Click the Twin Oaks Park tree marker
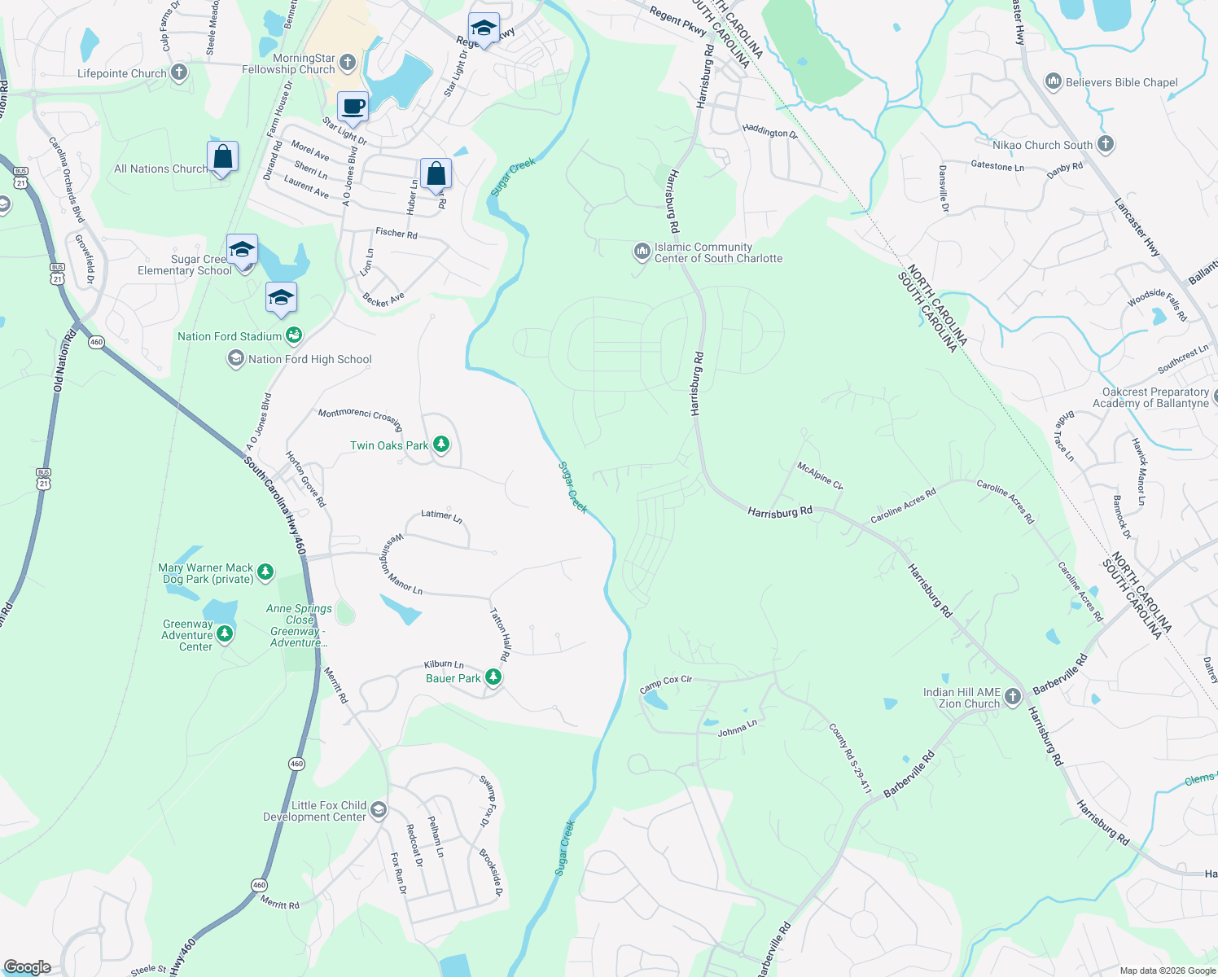[441, 445]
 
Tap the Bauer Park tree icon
[493, 677]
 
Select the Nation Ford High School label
[309, 359]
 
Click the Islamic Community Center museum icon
[642, 252]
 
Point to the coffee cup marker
[353, 106]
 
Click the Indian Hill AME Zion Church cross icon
[1012, 697]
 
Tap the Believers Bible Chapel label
[1121, 82]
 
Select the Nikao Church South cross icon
[1105, 144]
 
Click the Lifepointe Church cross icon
[179, 73]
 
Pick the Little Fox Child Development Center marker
[378, 810]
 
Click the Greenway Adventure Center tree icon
[225, 633]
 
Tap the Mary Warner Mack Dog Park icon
[265, 572]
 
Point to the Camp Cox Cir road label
[665, 684]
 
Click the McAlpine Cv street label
[820, 476]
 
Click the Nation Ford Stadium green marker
[294, 335]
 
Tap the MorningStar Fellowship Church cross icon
[348, 63]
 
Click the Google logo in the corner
[27, 967]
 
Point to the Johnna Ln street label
[737, 728]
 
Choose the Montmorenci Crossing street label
[360, 418]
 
